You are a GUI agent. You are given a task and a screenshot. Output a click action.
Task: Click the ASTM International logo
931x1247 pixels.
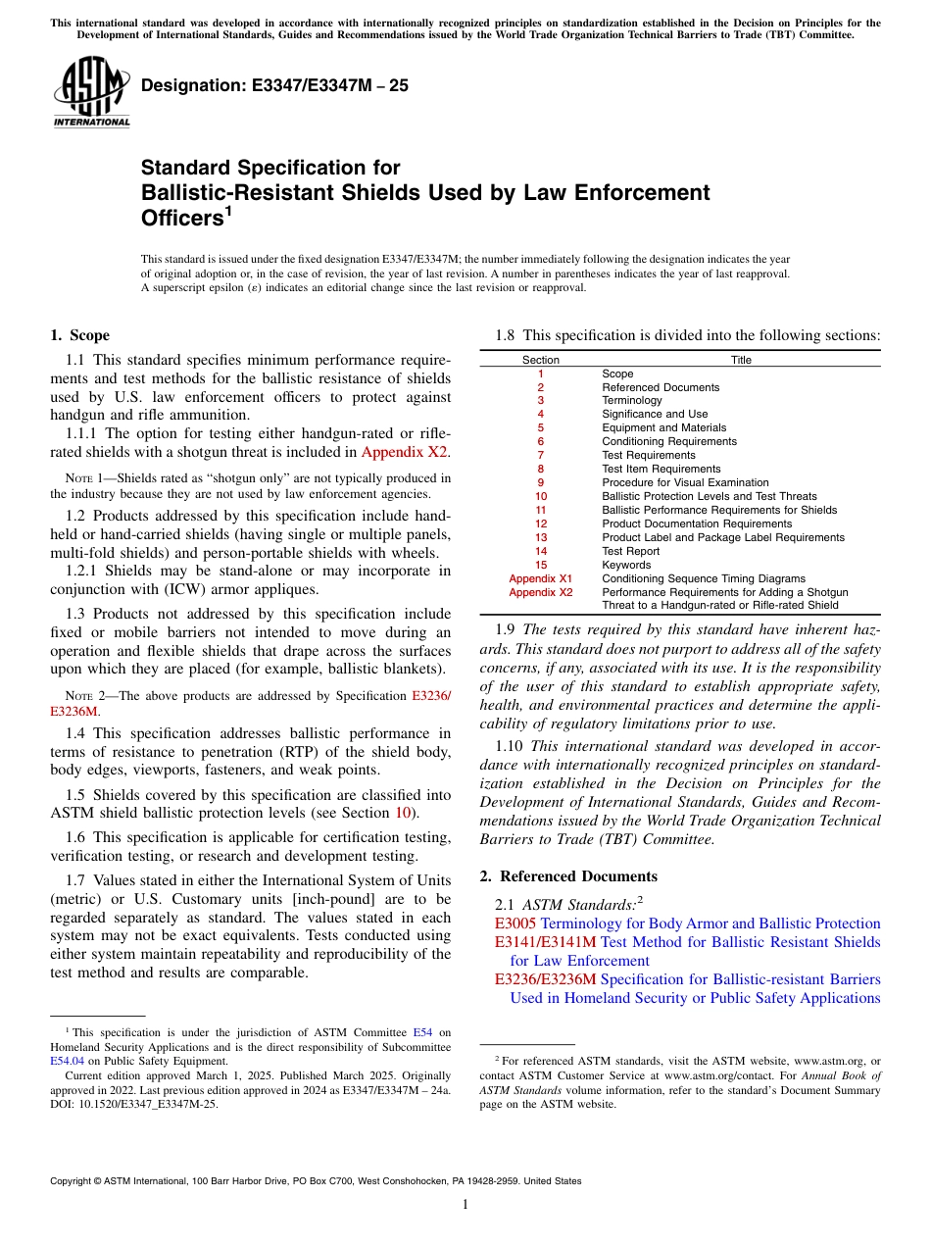91,92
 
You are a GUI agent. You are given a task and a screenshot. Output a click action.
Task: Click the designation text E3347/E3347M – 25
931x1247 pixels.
274,85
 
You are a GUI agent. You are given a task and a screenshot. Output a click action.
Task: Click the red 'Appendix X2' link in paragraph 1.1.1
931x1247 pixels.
405,452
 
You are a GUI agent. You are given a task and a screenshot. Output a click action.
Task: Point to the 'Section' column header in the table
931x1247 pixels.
540,360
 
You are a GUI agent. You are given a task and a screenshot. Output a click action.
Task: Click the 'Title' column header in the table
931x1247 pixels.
741,360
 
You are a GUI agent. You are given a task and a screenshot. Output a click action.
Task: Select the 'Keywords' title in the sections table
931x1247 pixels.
625,565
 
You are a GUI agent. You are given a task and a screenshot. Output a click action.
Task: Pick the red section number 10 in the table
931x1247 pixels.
540,496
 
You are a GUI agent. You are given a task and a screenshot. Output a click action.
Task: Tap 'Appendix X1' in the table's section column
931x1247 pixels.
540,578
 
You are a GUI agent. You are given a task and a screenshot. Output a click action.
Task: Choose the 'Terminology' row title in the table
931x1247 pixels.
632,400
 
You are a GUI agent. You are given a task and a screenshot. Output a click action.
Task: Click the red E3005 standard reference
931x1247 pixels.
515,923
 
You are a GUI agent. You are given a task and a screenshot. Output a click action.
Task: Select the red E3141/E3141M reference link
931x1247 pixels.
545,942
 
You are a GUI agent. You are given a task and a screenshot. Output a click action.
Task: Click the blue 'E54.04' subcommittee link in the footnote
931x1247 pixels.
67,1060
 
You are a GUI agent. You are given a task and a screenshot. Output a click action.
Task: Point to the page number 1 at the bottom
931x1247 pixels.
465,1205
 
